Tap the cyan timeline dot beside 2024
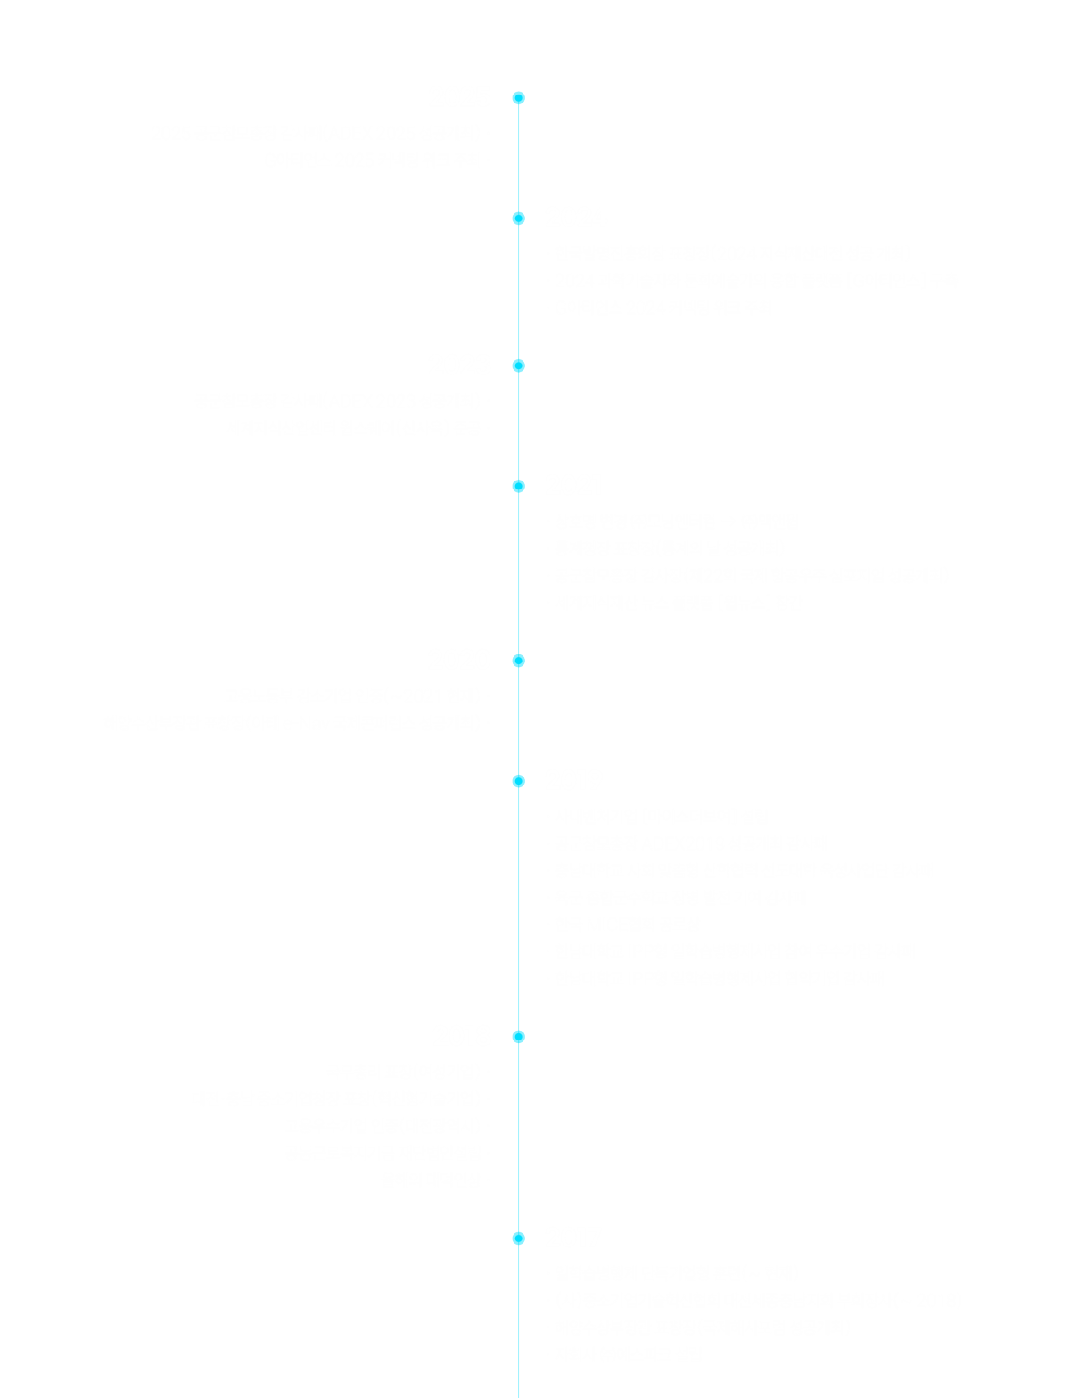[x=519, y=218]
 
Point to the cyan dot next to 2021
[x=519, y=486]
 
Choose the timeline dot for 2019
[x=519, y=781]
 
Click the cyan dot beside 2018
[x=519, y=1037]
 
